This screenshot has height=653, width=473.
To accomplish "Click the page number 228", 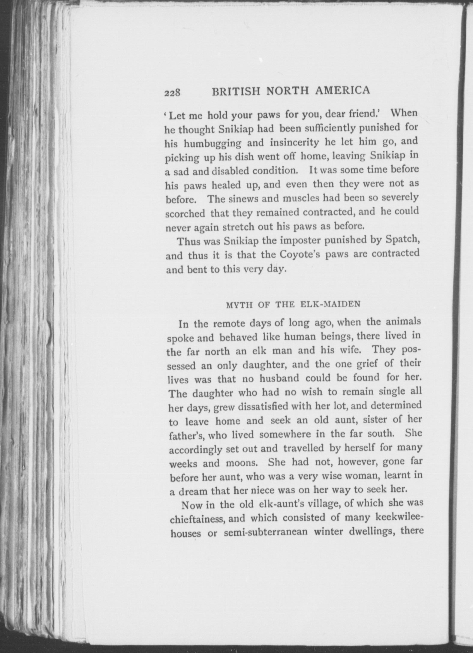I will pos(172,93).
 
